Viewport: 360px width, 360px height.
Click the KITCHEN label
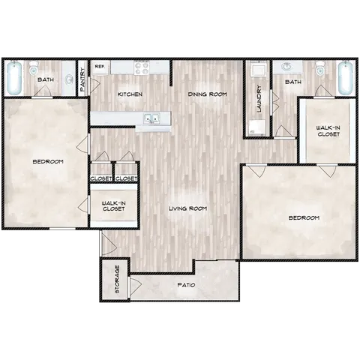[x=130, y=94]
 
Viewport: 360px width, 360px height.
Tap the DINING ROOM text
[x=207, y=94]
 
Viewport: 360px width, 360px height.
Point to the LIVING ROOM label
[x=187, y=208]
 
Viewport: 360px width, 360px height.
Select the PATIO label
[x=186, y=285]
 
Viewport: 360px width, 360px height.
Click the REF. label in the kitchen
[x=99, y=67]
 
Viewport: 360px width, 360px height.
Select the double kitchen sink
[x=153, y=118]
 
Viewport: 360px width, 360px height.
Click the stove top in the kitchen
[x=143, y=68]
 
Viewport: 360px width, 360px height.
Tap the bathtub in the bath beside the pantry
[x=13, y=77]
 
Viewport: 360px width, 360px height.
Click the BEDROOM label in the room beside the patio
[x=304, y=217]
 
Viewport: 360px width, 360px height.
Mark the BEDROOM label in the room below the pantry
[x=47, y=161]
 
